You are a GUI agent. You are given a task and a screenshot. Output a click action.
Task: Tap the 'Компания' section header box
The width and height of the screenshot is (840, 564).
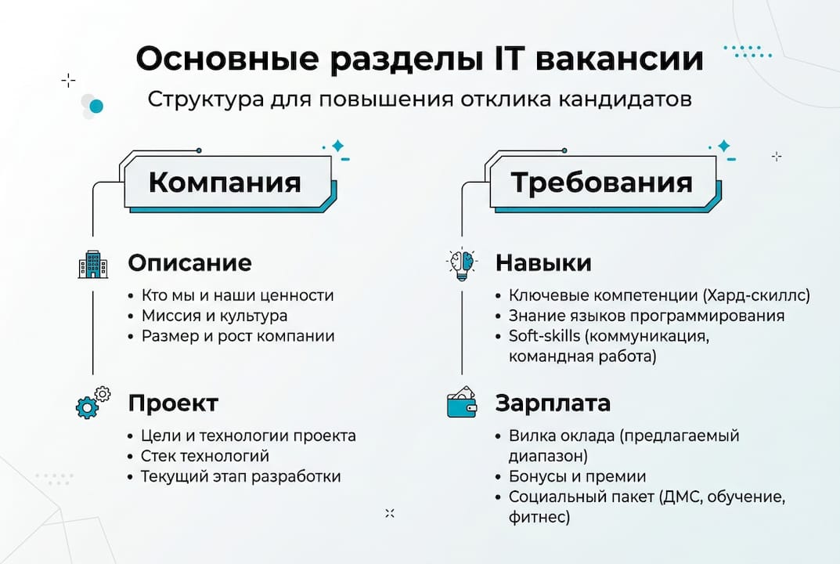click(225, 183)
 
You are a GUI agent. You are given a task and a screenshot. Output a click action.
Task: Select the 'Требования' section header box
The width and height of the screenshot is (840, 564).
click(601, 183)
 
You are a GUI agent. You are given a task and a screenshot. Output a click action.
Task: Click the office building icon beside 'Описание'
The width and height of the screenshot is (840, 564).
click(93, 264)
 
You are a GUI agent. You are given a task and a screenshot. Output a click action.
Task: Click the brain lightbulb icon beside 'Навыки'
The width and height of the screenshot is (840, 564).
click(462, 264)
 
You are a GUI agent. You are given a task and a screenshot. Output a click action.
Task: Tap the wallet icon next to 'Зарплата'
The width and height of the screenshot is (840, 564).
click(462, 403)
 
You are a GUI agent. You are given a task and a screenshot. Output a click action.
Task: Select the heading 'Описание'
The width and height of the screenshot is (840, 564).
click(189, 262)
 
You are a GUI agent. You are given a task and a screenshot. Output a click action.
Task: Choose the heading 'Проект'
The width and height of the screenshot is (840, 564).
click(172, 403)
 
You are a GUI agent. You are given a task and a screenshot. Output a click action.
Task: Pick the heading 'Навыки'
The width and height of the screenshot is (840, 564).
click(543, 262)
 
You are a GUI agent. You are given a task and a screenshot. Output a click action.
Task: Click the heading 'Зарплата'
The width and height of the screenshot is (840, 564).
click(553, 403)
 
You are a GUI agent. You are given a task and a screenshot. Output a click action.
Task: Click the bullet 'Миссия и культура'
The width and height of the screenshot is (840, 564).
click(214, 316)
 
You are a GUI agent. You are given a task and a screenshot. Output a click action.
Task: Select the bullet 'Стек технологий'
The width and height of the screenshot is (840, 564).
click(204, 456)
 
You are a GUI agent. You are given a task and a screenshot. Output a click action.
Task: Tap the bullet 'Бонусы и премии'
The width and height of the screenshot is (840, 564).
click(577, 476)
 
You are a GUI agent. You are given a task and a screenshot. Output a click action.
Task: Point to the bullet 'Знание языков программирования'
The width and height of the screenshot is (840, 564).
click(646, 316)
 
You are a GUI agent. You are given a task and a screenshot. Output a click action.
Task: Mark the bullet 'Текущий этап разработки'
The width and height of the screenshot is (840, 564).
click(240, 476)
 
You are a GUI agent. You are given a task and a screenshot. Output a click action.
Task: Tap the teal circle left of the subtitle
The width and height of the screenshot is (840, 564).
click(96, 106)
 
